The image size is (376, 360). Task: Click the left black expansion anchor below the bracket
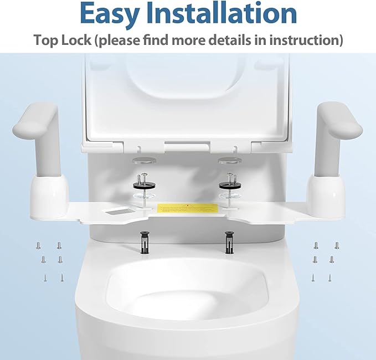click(145, 241)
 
